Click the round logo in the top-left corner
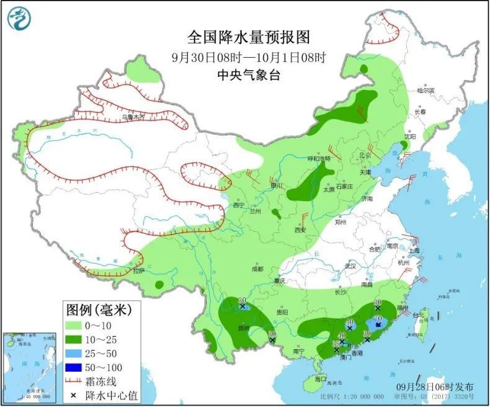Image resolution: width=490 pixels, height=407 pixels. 19,18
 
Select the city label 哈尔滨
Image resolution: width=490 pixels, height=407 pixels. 425,91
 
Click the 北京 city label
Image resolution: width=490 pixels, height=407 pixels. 364,155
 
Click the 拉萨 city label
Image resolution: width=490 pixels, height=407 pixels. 138,271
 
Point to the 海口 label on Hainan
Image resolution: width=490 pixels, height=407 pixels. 320,378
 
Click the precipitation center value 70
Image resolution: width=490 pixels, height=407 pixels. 376,318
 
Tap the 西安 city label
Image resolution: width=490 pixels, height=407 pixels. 300,230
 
